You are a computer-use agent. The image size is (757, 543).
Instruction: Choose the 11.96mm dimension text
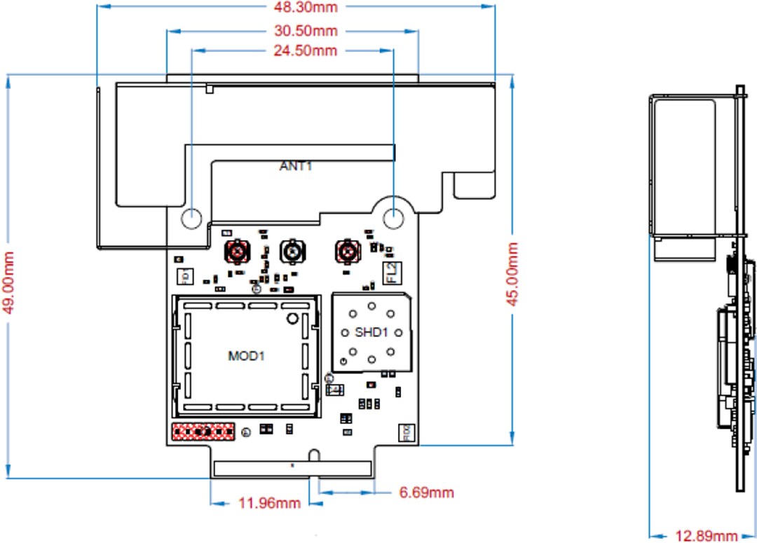click(269, 503)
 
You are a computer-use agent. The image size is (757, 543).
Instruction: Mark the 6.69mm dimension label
click(426, 493)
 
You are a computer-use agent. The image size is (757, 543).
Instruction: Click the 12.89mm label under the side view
click(706, 536)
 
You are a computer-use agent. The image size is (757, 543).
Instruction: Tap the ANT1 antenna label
click(296, 166)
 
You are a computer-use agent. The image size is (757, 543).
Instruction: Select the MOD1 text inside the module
click(246, 356)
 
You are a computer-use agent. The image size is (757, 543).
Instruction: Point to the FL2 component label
click(390, 271)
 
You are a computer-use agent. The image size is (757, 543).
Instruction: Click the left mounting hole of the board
click(191, 218)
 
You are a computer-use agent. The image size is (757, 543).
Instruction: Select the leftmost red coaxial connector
click(238, 250)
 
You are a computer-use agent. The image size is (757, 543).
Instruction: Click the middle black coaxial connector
click(292, 250)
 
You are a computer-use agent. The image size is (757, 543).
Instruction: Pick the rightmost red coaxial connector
click(346, 250)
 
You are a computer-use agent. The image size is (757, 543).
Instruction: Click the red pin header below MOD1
click(203, 432)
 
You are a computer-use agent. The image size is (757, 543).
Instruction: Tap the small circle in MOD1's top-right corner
click(292, 319)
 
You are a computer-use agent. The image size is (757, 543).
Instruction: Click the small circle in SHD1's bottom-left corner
click(343, 361)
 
